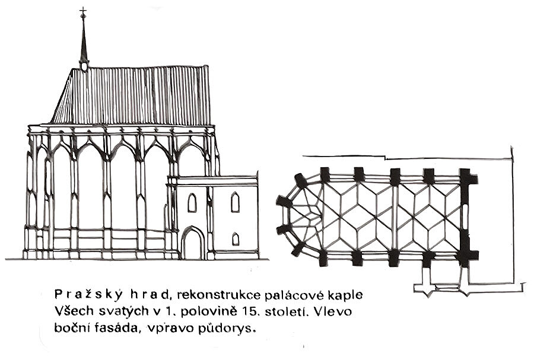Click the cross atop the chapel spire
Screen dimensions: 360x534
pyautogui.click(x=82, y=12)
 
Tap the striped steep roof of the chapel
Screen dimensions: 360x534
pyautogui.click(x=133, y=95)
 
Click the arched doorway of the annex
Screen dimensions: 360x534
pyautogui.click(x=192, y=244)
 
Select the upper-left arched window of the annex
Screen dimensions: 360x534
pyautogui.click(x=192, y=203)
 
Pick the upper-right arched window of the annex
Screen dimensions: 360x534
pyautogui.click(x=235, y=202)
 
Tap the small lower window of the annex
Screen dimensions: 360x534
pyautogui.click(x=235, y=238)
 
